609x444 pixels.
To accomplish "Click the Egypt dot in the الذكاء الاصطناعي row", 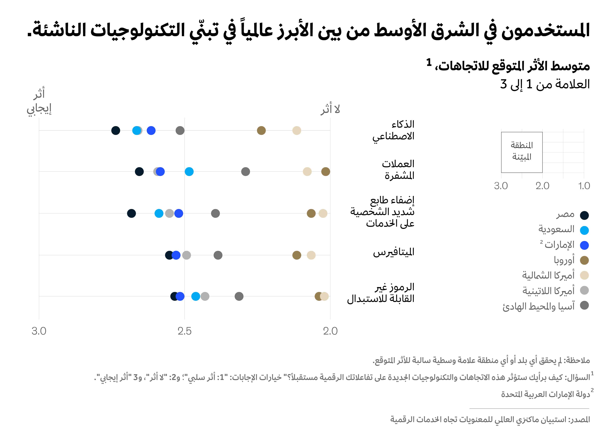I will pos(116,131).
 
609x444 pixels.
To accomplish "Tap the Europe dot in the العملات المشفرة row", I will pos(325,172).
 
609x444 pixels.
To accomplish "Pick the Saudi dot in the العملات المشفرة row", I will pos(189,172).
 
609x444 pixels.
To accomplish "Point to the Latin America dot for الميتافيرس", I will pos(187,255).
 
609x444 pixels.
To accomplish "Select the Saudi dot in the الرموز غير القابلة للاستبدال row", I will pos(196,296).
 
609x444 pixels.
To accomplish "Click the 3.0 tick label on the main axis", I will pos(39,331).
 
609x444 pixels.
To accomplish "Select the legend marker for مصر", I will pos(584,215).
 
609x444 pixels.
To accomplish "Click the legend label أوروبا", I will pos(564,260).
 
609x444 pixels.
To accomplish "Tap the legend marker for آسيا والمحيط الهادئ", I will pos(584,305).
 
